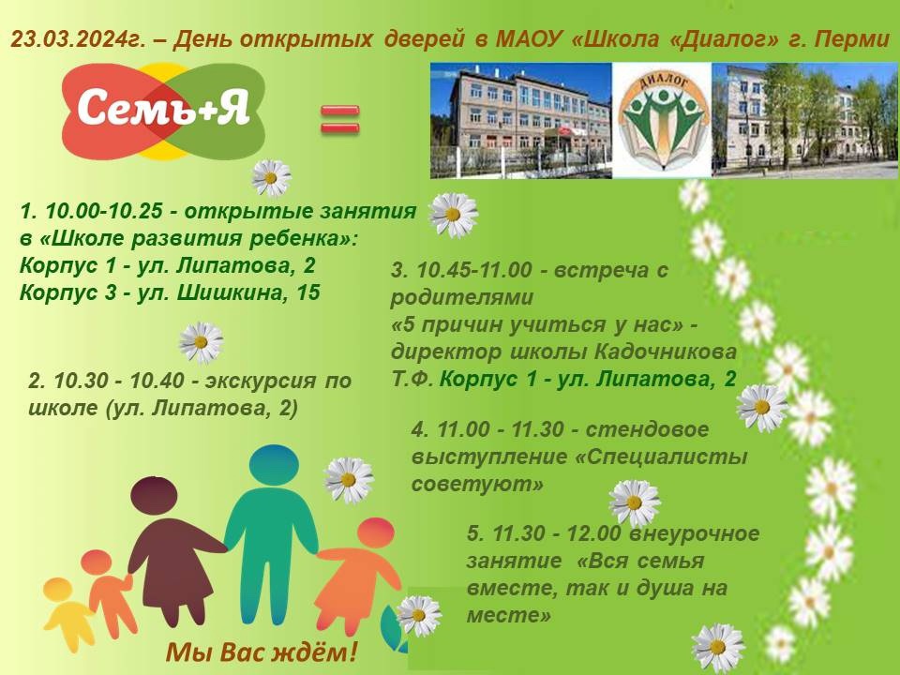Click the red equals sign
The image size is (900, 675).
click(339, 119)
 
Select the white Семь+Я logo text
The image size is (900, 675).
click(163, 107)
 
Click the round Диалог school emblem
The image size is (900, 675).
click(663, 121)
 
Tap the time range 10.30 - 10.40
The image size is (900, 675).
click(119, 380)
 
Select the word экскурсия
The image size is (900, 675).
click(260, 382)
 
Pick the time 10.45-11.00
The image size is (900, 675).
click(474, 270)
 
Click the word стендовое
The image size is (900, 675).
click(647, 429)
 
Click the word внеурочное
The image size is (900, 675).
click(695, 534)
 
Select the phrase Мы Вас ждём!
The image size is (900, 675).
click(262, 652)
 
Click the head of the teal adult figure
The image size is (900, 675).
click(275, 466)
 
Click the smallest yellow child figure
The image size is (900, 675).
click(65, 615)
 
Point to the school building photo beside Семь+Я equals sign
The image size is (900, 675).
click(520, 121)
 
